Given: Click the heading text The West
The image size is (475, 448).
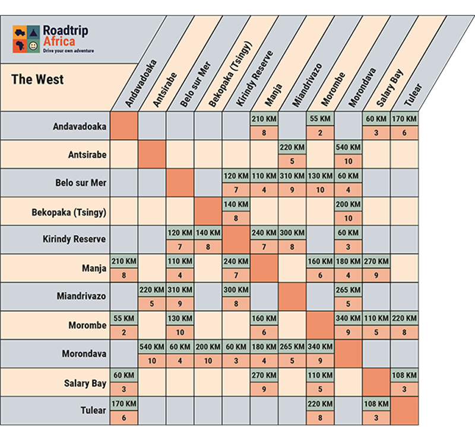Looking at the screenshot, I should (37, 79).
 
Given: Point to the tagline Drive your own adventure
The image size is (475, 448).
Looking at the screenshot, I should (68, 51).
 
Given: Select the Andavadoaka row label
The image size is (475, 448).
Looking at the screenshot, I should (80, 126).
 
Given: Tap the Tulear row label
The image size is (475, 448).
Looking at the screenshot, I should (93, 411).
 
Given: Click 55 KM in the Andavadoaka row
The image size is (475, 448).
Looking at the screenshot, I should (320, 119).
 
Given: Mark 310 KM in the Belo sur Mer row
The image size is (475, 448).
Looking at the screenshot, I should (292, 176).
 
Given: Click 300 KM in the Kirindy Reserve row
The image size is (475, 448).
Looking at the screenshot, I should (292, 233).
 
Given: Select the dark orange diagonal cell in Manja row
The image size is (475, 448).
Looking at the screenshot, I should (263, 268).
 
